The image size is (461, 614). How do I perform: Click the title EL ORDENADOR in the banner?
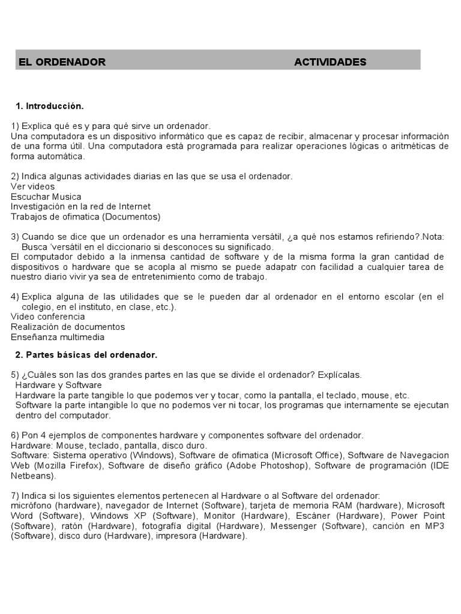pyautogui.click(x=62, y=62)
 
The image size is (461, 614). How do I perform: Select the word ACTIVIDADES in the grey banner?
pyautogui.click(x=330, y=62)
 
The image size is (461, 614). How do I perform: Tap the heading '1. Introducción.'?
pyautogui.click(x=50, y=106)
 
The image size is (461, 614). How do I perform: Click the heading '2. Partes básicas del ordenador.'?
pyautogui.click(x=86, y=355)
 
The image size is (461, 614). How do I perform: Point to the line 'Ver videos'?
pyautogui.click(x=32, y=186)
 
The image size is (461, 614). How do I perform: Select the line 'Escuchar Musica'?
pyautogui.click(x=46, y=197)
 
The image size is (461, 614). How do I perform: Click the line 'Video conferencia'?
pyautogui.click(x=47, y=317)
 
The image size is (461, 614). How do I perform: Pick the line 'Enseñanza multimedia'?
pyautogui.click(x=58, y=337)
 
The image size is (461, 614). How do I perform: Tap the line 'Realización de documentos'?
pyautogui.click(x=68, y=327)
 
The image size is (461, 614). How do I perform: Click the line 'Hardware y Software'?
pyautogui.click(x=58, y=385)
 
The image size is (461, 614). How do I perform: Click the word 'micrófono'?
pyautogui.click(x=31, y=505)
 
